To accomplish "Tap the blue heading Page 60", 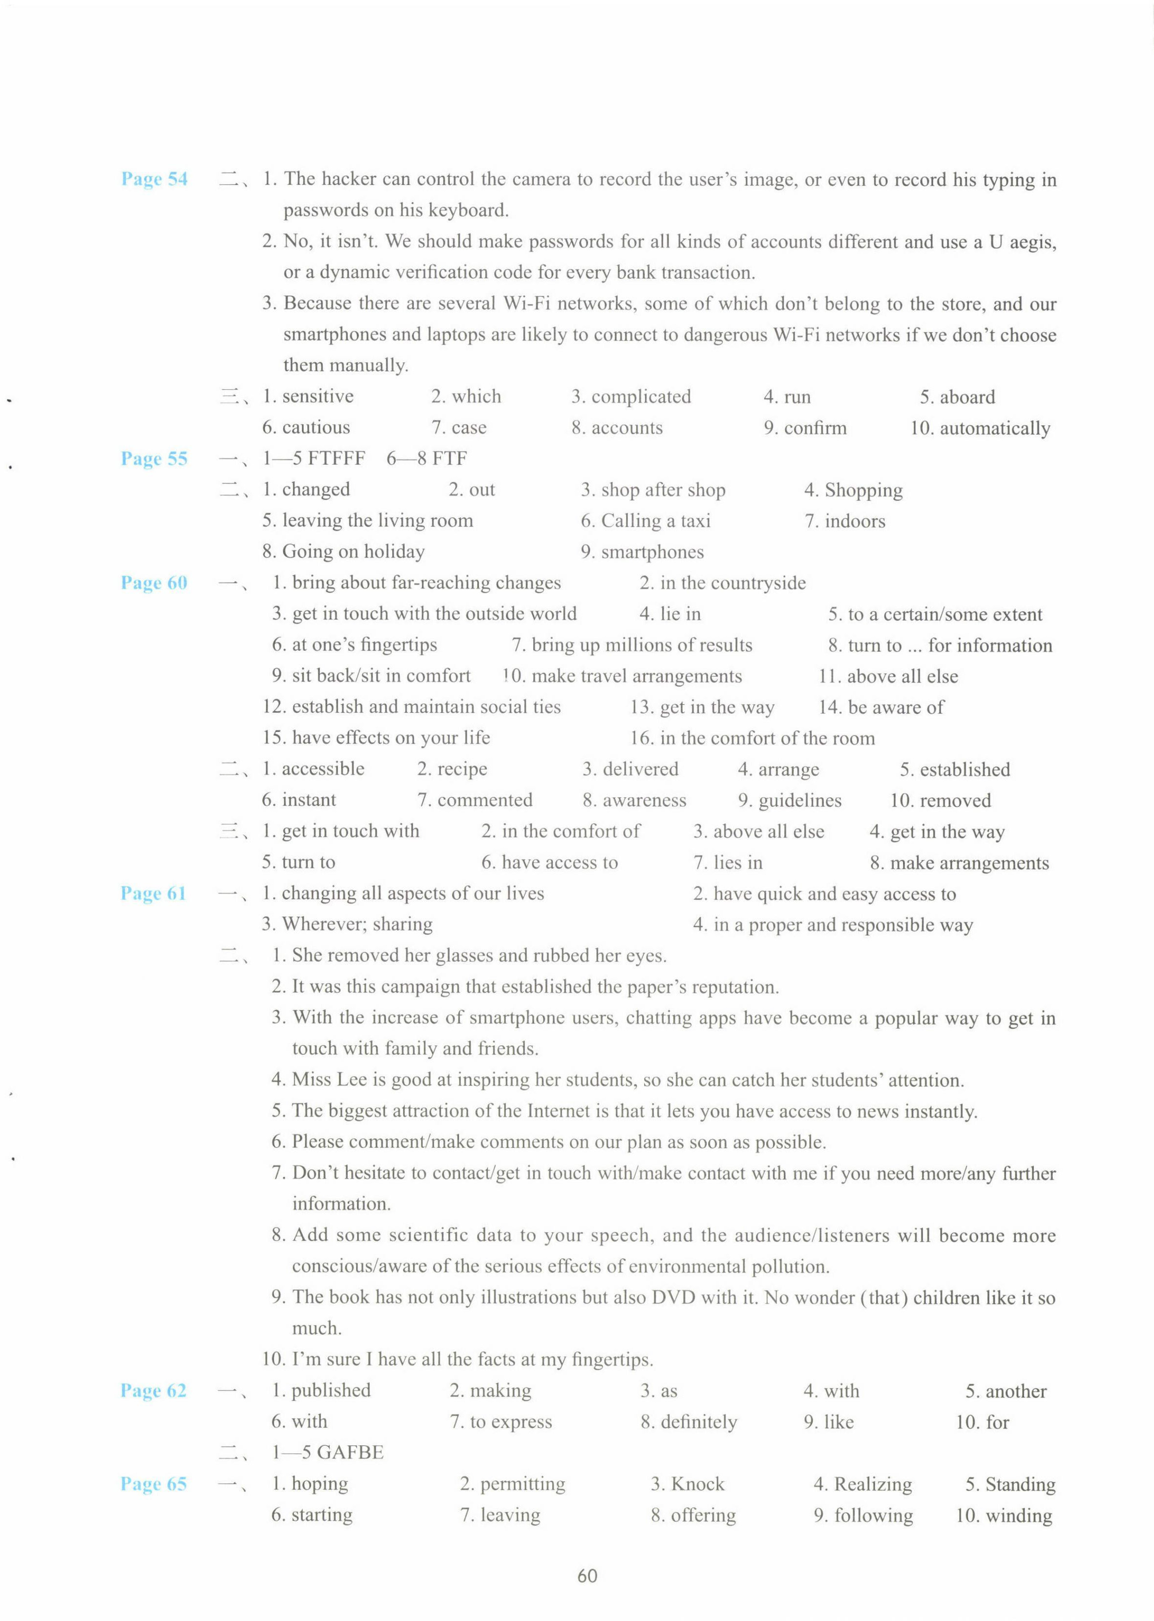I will [154, 582].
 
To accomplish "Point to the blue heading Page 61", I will [153, 893].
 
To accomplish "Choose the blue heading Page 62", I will [153, 1390].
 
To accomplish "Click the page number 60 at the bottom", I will [587, 1576].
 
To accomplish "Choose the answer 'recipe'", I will [462, 769].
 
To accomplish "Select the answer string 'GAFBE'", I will [350, 1453].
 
